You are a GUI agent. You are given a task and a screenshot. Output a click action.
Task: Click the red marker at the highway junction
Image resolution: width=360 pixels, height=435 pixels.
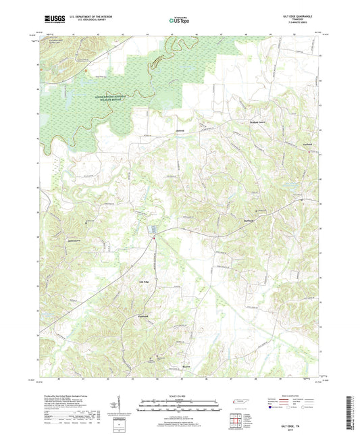[155, 236]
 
